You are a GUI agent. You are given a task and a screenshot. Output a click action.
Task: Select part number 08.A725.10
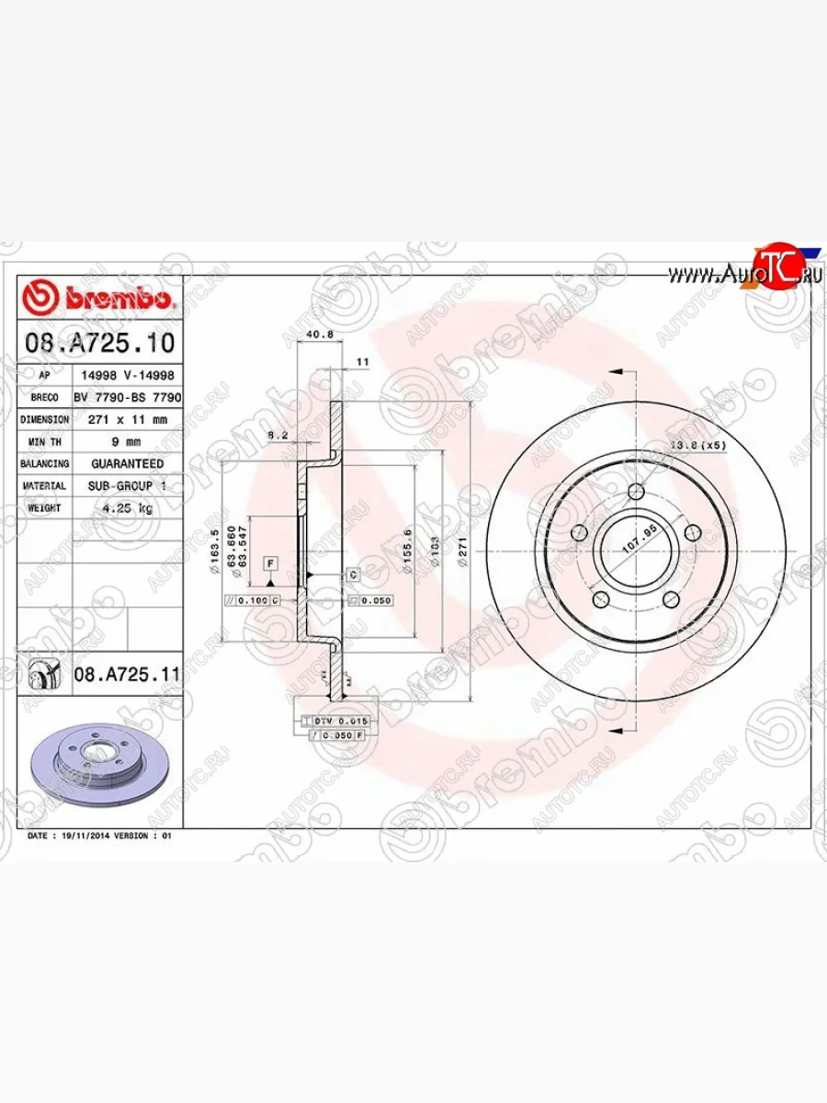[99, 344]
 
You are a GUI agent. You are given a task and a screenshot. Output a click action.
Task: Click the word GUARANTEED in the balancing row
[127, 464]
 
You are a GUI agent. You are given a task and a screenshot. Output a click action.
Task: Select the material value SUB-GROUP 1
[127, 485]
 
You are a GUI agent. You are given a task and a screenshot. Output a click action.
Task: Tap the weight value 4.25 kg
[127, 507]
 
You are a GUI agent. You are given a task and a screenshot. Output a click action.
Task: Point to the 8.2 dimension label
[278, 434]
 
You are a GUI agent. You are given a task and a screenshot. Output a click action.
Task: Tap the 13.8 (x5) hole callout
[697, 445]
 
